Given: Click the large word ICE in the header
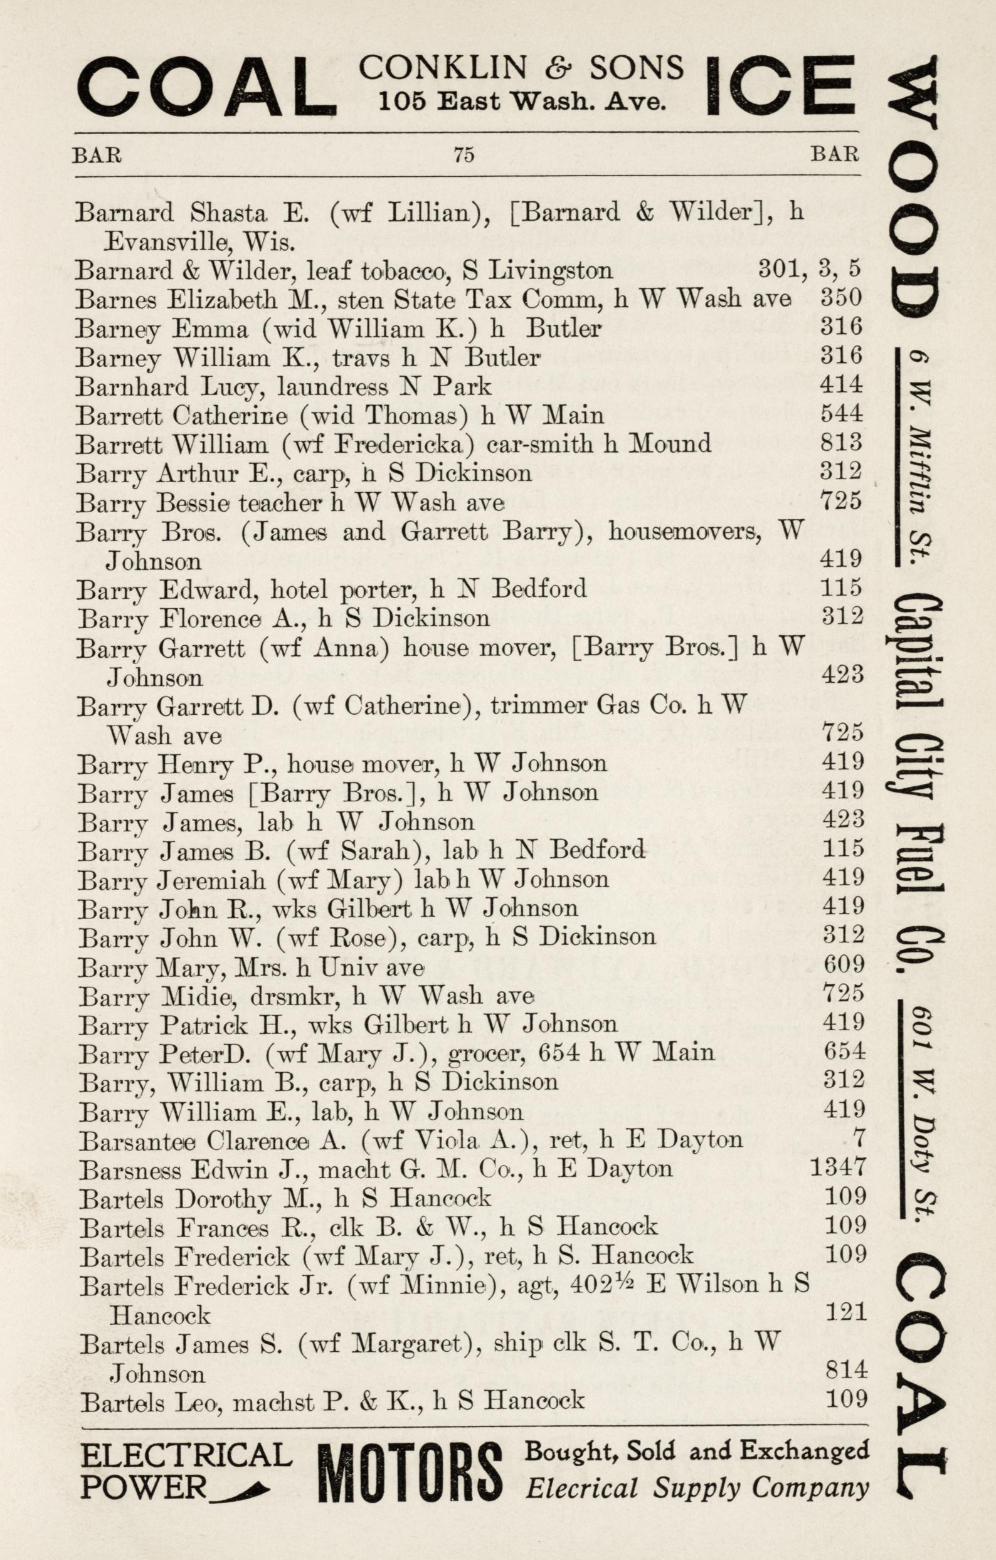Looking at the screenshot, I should (780, 87).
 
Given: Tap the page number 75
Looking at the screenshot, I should (464, 154).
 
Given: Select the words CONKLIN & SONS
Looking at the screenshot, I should (521, 67).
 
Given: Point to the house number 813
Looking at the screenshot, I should (841, 443).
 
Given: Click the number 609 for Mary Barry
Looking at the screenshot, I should (843, 964).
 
